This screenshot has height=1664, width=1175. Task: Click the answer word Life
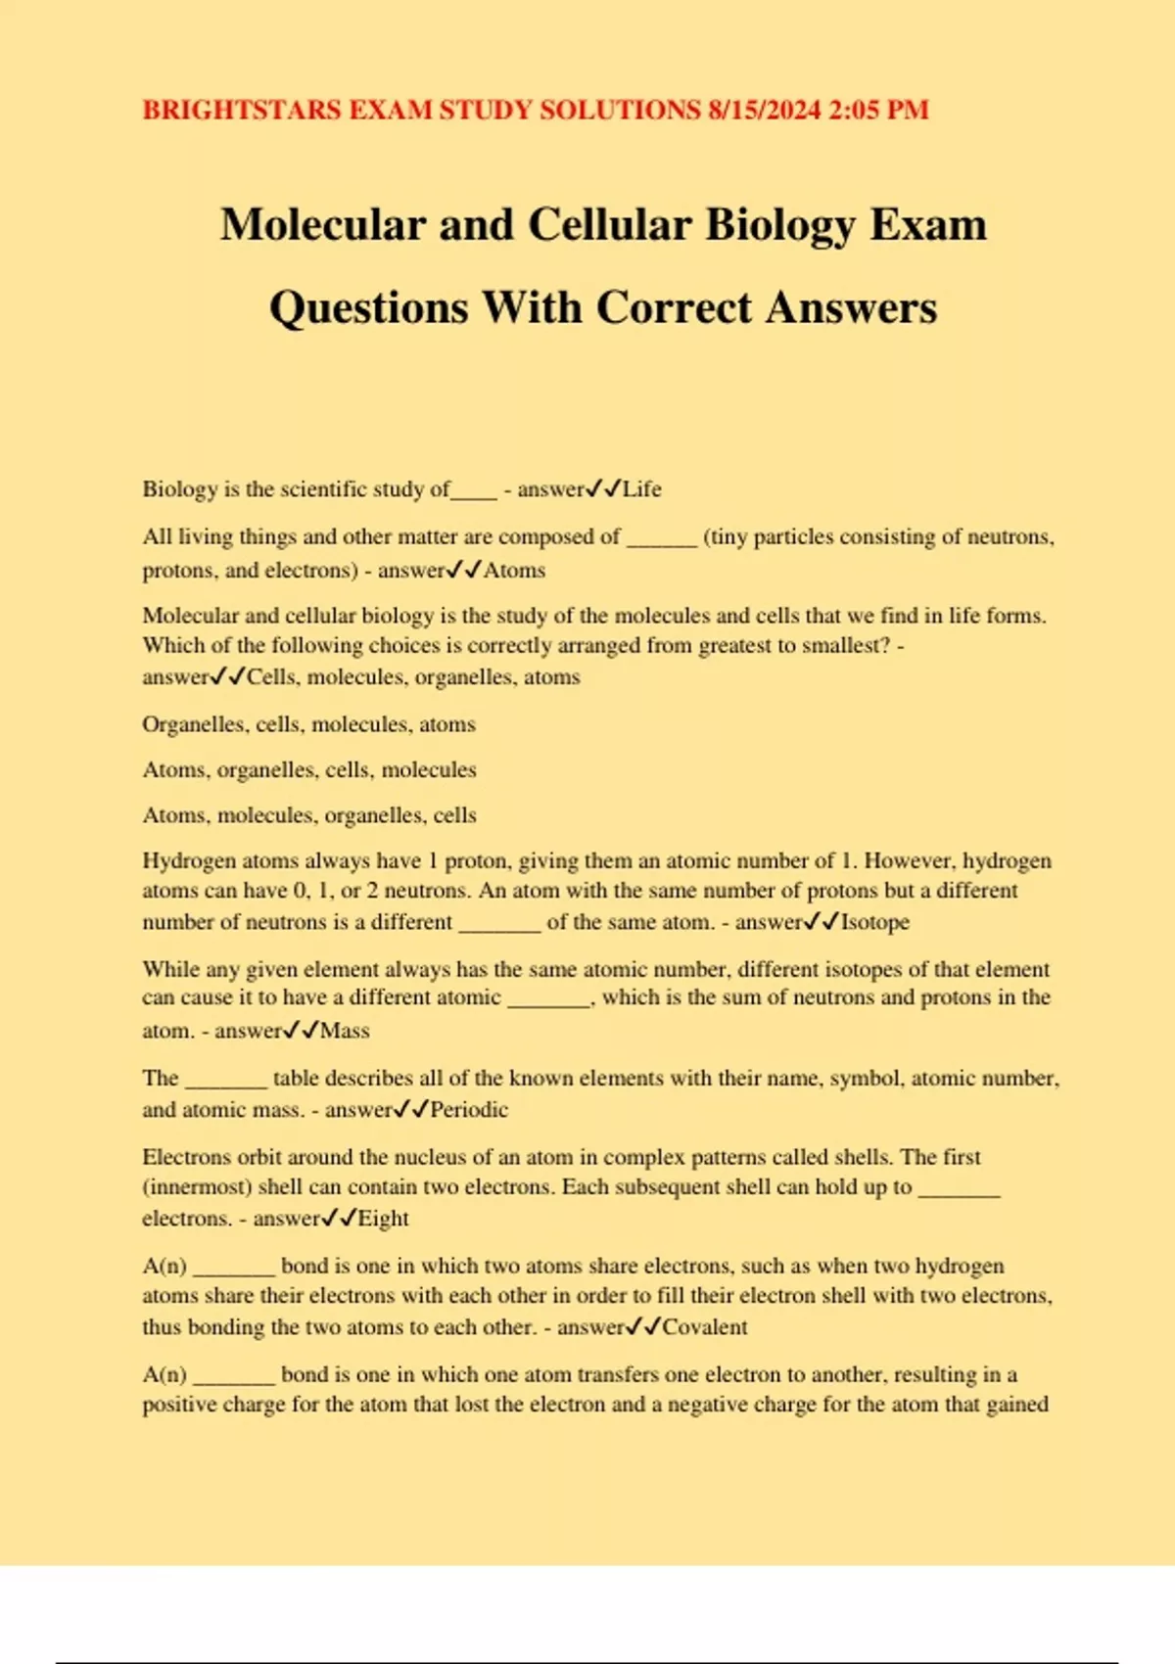point(642,488)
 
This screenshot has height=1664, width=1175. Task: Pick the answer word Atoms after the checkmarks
point(515,570)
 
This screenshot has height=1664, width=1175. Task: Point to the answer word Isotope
point(875,922)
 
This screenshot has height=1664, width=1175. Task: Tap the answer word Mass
point(346,1031)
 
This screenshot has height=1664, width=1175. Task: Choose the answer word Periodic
point(470,1110)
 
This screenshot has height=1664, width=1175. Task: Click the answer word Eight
point(384,1219)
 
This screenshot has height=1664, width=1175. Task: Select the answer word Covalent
point(705,1327)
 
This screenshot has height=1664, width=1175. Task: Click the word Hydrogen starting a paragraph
point(188,861)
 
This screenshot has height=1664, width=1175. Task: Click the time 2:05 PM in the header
point(878,110)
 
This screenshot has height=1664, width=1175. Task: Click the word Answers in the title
point(851,307)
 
